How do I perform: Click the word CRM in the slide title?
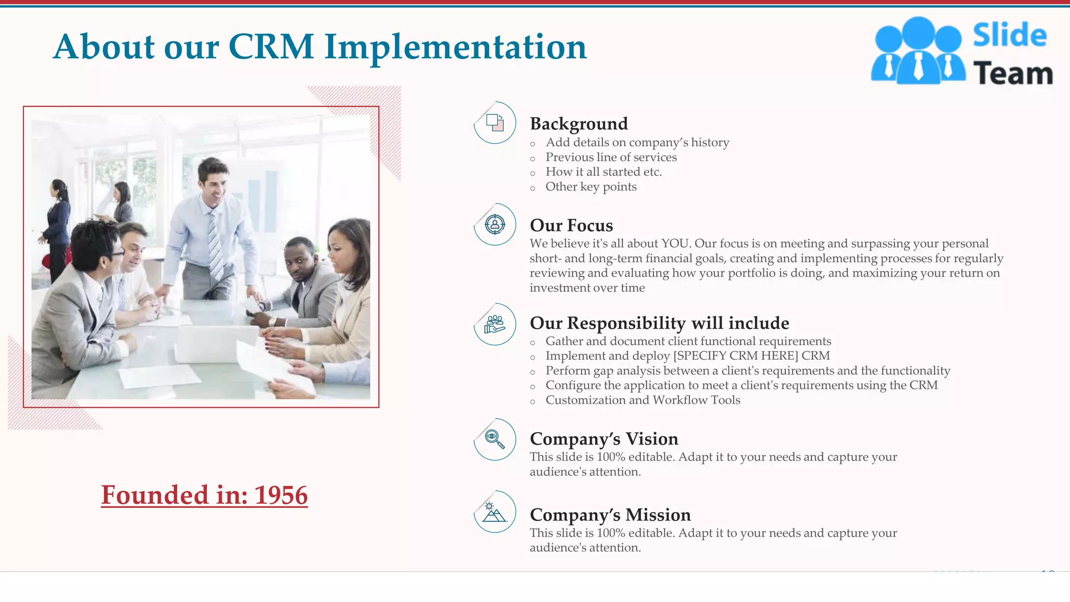pos(271,47)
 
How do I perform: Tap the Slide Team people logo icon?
pos(918,51)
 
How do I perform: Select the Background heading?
pos(578,124)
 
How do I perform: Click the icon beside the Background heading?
pos(495,123)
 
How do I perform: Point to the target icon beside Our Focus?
pos(495,225)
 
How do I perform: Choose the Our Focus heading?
pos(571,225)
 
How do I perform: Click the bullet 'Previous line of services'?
pos(611,157)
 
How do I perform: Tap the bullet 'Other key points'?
pos(590,187)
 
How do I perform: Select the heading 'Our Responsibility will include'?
pos(659,323)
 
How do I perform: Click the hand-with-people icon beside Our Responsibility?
pos(495,324)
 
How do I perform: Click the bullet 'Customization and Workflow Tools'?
pos(643,400)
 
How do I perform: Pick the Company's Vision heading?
pos(603,439)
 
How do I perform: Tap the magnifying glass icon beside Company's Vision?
pos(495,439)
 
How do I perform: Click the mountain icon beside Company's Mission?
pos(494,512)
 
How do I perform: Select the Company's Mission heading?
pos(610,515)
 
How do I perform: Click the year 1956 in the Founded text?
pos(281,495)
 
